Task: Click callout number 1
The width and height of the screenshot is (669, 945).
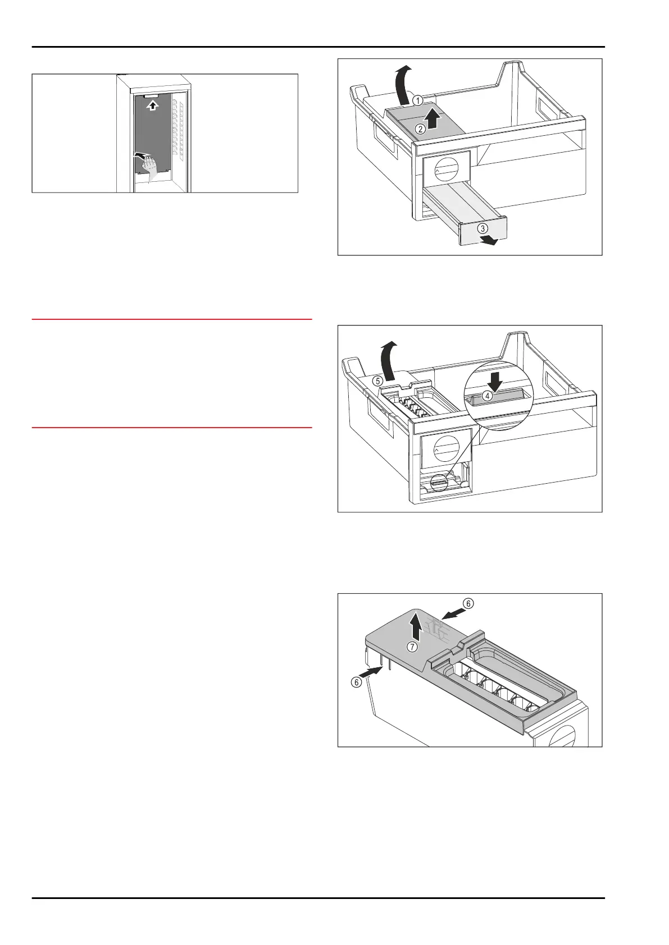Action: pyautogui.click(x=417, y=100)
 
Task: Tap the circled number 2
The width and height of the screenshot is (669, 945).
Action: pyautogui.click(x=420, y=129)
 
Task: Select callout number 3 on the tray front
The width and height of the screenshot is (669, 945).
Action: pyautogui.click(x=483, y=228)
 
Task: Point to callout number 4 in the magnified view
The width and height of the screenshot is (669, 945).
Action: pyautogui.click(x=488, y=396)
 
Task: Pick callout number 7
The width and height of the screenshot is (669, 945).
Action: pyautogui.click(x=412, y=647)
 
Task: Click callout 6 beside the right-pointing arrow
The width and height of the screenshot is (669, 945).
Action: pyautogui.click(x=356, y=682)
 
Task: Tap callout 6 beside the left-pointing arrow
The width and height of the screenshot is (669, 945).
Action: pyautogui.click(x=468, y=603)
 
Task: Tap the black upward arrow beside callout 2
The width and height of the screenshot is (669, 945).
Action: pyautogui.click(x=431, y=120)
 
